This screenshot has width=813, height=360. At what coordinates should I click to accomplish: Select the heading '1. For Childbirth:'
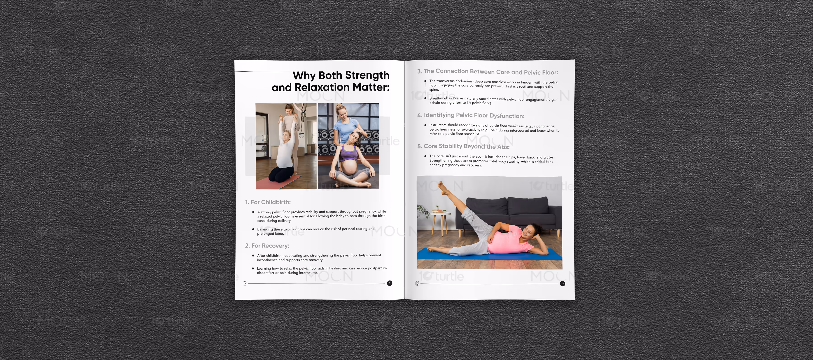coord(268,202)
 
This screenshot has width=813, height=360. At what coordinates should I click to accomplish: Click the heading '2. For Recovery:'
coord(267,245)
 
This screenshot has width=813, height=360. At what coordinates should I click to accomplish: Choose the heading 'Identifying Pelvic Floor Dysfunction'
coord(471,115)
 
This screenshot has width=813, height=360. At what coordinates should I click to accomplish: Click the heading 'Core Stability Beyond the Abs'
coord(463,146)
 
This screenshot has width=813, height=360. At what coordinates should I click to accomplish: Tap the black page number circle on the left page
coord(390,283)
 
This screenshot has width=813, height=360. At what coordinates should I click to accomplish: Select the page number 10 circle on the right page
coord(562,284)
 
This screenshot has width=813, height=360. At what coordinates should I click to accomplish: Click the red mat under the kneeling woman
coord(278,183)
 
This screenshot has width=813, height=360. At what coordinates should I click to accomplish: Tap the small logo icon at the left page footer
coord(245,283)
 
